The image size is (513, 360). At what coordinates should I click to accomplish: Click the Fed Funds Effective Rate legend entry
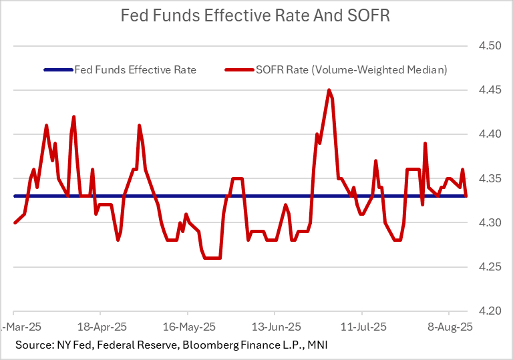click(135, 69)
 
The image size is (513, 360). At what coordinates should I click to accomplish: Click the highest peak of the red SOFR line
click(329, 90)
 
